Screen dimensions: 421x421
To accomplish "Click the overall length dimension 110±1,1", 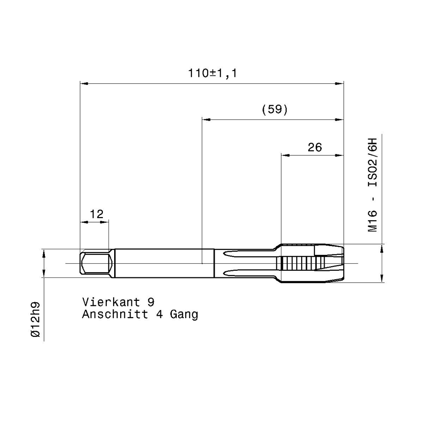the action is click(x=212, y=73).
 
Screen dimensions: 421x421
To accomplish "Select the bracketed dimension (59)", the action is click(x=275, y=109).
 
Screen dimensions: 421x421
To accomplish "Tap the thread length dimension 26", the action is click(x=315, y=147).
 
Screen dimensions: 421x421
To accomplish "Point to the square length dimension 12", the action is click(x=96, y=214).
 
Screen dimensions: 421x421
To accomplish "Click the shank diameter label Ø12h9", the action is click(x=36, y=319).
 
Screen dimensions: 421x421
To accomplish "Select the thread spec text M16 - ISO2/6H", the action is click(x=372, y=185).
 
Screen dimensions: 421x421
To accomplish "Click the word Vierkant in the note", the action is click(x=111, y=302).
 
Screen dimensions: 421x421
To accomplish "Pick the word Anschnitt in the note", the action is click(x=115, y=314).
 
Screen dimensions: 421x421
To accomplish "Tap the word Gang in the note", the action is click(x=184, y=315).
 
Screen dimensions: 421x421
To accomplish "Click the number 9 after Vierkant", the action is click(x=151, y=302).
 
